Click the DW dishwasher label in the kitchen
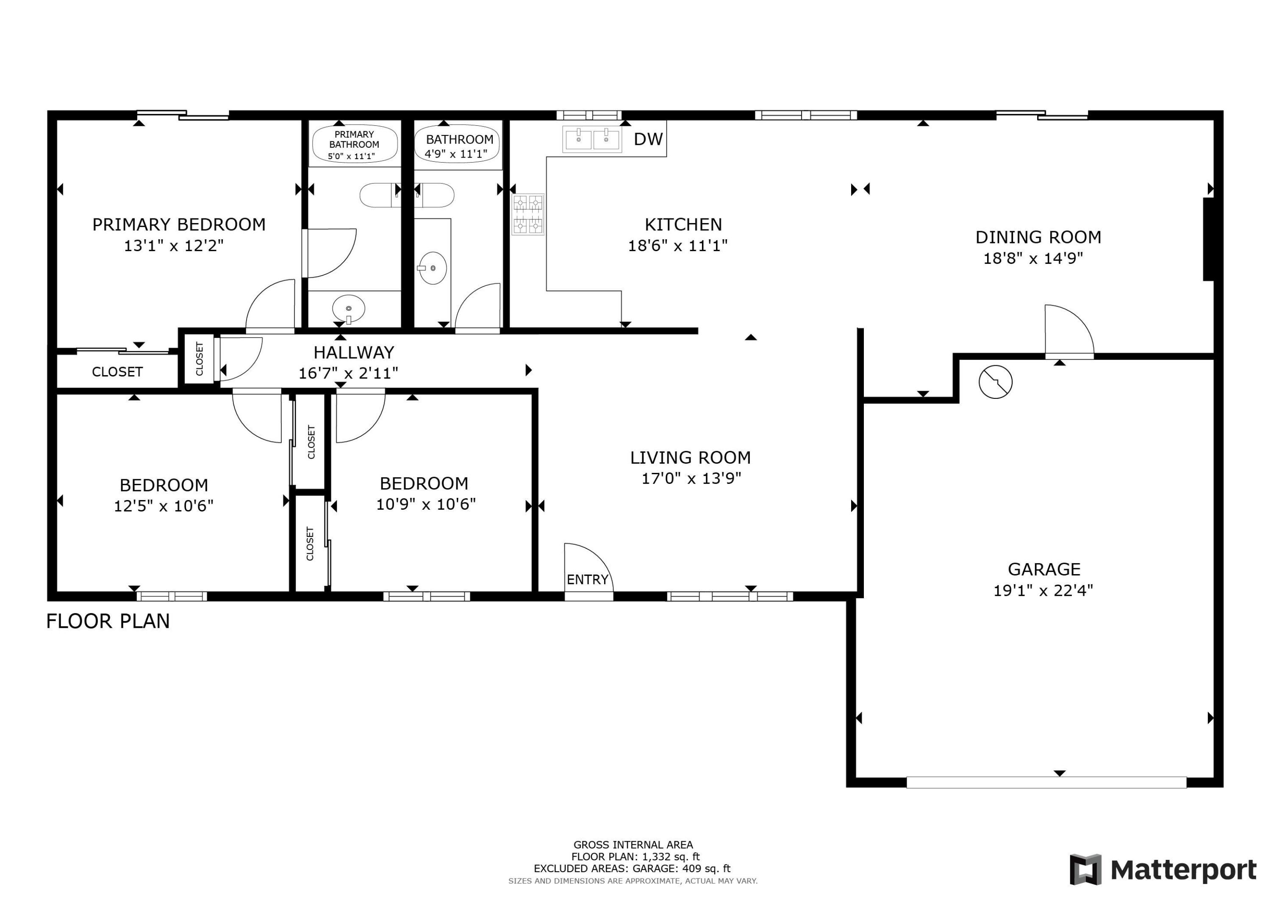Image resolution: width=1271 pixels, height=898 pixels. (648, 139)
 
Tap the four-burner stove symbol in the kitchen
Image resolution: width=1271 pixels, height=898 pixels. (527, 215)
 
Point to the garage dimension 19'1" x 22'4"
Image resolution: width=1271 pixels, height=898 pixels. (1043, 590)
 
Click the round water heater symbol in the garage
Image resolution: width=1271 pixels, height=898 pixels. (995, 382)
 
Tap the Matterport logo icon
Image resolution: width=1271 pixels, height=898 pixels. (1085, 869)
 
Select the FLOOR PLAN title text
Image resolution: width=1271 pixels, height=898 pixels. (108, 622)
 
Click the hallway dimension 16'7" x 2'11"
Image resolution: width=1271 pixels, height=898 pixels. (348, 373)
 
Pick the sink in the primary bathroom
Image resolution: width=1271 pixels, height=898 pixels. (349, 308)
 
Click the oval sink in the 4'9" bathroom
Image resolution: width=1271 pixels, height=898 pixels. (432, 268)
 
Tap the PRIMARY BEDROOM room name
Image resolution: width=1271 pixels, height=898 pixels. (179, 225)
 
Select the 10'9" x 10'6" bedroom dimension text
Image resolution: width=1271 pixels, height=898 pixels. (426, 504)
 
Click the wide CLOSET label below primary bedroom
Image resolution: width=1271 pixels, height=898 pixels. (117, 372)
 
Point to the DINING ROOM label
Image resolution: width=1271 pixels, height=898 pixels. (1038, 238)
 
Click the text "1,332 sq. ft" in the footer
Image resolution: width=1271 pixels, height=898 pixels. (668, 857)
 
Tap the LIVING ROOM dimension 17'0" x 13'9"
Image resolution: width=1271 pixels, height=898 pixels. (691, 478)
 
